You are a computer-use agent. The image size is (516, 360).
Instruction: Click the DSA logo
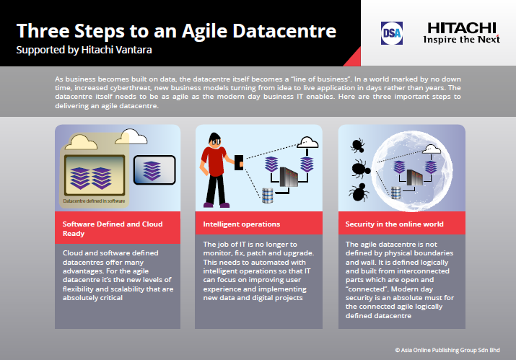tap(392, 33)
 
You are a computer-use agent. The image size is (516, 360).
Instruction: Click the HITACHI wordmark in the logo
tap(462, 28)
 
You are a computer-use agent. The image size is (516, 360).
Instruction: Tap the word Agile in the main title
tap(204, 32)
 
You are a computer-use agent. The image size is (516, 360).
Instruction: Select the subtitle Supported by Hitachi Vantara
tap(84, 50)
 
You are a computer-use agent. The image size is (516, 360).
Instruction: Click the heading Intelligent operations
tap(242, 224)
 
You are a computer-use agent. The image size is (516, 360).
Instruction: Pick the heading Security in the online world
tap(394, 224)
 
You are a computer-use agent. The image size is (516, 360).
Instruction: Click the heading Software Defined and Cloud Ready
tap(113, 229)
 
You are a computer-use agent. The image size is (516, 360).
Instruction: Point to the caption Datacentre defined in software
tap(94, 201)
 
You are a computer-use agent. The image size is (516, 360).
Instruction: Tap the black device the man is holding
tap(239, 162)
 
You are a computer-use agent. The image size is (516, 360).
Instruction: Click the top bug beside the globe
tap(358, 145)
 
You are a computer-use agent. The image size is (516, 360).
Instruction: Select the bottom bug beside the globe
tap(359, 192)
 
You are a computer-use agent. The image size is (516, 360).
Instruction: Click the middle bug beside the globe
tap(360, 169)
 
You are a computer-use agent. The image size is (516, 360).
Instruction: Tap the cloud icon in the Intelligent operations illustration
tap(307, 143)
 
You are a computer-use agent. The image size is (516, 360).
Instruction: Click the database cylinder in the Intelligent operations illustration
tap(267, 195)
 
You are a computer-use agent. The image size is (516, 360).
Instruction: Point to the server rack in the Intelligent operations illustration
tap(289, 177)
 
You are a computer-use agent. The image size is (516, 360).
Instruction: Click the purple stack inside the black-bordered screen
tap(152, 170)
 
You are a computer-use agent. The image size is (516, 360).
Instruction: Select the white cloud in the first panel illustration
tap(131, 136)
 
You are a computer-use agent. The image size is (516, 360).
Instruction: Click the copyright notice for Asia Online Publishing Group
tap(447, 350)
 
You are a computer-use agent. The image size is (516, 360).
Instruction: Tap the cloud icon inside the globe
tap(431, 149)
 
